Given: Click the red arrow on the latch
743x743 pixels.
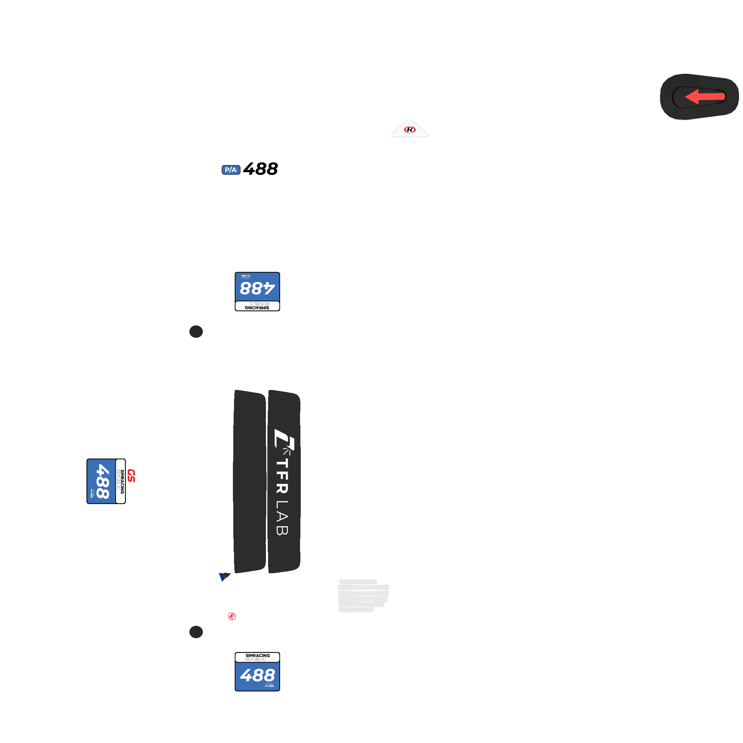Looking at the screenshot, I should pyautogui.click(x=704, y=97).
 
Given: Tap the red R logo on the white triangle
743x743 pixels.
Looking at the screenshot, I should pyautogui.click(x=410, y=130).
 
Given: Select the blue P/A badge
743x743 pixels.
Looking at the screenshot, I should pyautogui.click(x=231, y=170).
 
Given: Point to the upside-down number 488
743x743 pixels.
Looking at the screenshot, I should pyautogui.click(x=257, y=288).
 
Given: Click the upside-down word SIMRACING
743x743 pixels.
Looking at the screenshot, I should pyautogui.click(x=257, y=308).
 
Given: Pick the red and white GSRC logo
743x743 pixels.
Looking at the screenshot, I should pyautogui.click(x=131, y=482).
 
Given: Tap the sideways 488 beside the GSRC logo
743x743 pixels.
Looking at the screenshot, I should pyautogui.click(x=102, y=481).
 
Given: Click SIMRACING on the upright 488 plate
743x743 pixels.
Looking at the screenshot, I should pyautogui.click(x=258, y=655).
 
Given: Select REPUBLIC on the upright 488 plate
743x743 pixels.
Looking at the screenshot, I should pyautogui.click(x=256, y=660).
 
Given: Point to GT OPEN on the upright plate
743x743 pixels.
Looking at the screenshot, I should pyautogui.click(x=269, y=686).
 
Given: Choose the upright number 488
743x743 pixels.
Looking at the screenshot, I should pyautogui.click(x=257, y=675).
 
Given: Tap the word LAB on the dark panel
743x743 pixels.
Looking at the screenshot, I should pyautogui.click(x=282, y=518).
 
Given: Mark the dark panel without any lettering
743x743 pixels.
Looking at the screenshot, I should pyautogui.click(x=250, y=481).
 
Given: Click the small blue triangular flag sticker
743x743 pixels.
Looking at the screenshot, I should pyautogui.click(x=223, y=577).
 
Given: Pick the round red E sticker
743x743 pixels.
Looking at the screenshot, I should pyautogui.click(x=232, y=616).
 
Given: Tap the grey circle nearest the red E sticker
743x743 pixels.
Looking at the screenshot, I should pyautogui.click(x=196, y=632).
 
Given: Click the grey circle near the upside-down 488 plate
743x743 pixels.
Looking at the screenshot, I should pyautogui.click(x=196, y=332).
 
